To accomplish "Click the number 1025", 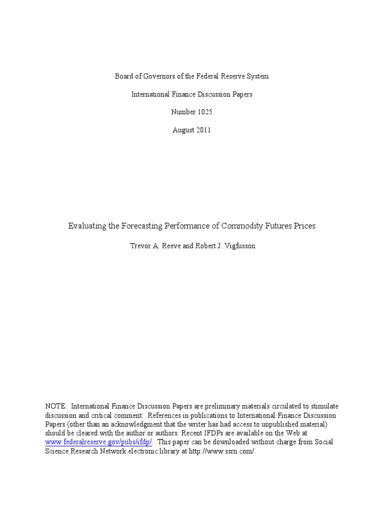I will pos(203,112).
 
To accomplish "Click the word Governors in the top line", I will pos(150,76).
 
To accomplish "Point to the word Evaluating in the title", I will pos(87,226).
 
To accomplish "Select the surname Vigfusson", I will pos(235,246).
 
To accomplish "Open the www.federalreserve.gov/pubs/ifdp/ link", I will pos(100,442).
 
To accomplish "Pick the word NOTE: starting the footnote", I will pos(56,406).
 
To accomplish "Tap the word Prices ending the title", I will pos(305,226).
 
